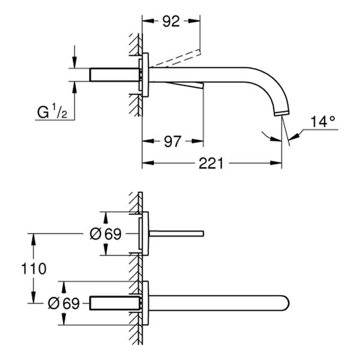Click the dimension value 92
point(171,22)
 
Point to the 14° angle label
point(323,122)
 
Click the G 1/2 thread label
point(54,112)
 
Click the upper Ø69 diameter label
point(106,234)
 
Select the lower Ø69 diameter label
point(63,303)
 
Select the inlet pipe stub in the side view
point(114,74)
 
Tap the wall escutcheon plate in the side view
point(144,74)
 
